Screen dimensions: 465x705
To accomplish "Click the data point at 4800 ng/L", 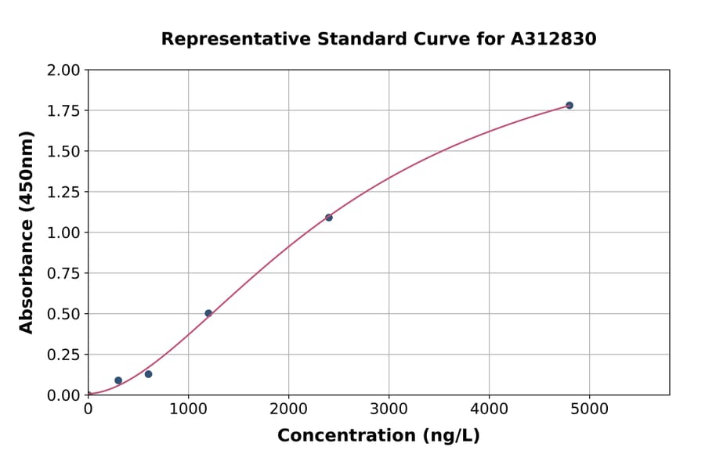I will [569, 105].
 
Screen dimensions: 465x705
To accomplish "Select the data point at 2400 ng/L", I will [329, 218].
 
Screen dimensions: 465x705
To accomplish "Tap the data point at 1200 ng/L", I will [208, 313].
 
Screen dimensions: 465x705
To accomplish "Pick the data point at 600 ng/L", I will [148, 374].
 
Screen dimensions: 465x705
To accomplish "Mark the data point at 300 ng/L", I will [118, 380].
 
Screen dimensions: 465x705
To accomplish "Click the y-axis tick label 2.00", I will [64, 70].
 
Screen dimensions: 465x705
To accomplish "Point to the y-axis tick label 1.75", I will [64, 111].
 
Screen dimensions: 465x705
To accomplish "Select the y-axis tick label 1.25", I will [64, 192].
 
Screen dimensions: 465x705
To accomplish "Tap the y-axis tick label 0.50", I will [64, 314].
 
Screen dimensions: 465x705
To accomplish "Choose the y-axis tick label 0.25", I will [64, 355].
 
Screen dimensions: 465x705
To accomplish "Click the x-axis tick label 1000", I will [188, 409].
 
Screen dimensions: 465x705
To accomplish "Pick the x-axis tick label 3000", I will [389, 409].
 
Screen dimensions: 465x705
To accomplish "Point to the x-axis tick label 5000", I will [590, 409].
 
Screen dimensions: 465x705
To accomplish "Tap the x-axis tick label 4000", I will [490, 409].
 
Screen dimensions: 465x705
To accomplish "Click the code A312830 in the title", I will [554, 38].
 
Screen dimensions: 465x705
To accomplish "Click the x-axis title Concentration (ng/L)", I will [378, 435].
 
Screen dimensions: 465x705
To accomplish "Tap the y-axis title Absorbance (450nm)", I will [27, 232].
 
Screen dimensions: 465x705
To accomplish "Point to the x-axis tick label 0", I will [88, 409].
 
